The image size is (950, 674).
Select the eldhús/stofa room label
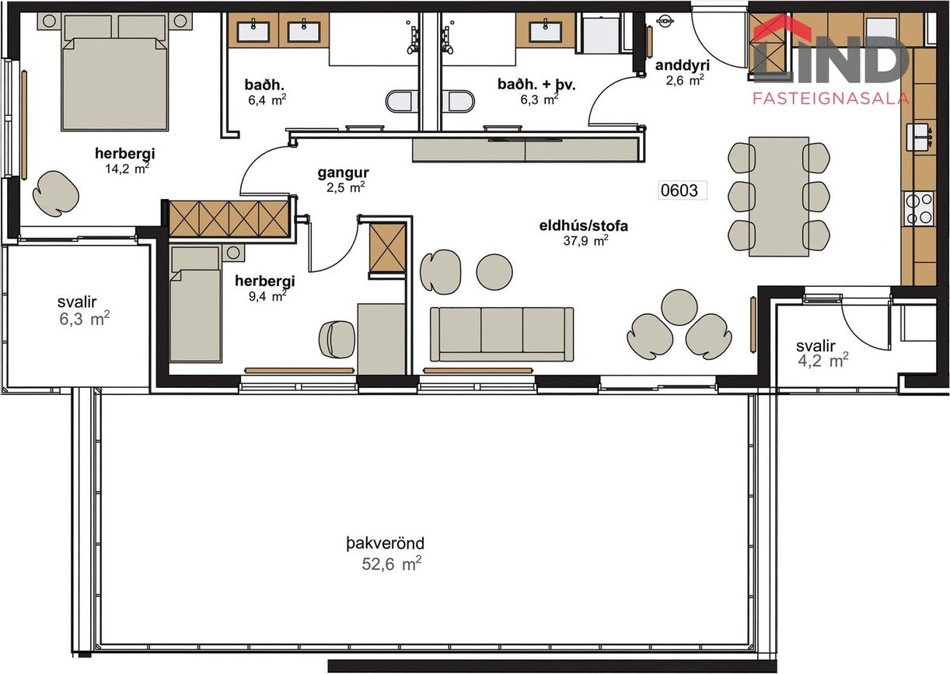(x=584, y=225)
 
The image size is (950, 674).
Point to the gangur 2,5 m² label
(x=344, y=180)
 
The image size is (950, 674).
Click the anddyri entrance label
(x=683, y=65)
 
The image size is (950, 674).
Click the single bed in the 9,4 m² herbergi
(x=195, y=304)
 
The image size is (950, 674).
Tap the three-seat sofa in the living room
(x=501, y=334)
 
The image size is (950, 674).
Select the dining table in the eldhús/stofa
(x=779, y=197)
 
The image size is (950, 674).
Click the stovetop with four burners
(x=919, y=208)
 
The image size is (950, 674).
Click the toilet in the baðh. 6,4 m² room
(x=400, y=102)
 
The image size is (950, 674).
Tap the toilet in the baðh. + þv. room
(x=459, y=102)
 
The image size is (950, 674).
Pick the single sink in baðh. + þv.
(x=546, y=31)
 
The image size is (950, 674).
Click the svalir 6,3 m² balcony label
(x=83, y=310)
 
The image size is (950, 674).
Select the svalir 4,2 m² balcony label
(x=823, y=353)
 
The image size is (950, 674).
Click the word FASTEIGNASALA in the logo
(x=831, y=99)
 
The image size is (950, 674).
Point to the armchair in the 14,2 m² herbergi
(x=56, y=194)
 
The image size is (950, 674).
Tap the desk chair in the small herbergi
(x=337, y=340)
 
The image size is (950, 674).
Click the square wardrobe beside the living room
(x=388, y=248)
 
